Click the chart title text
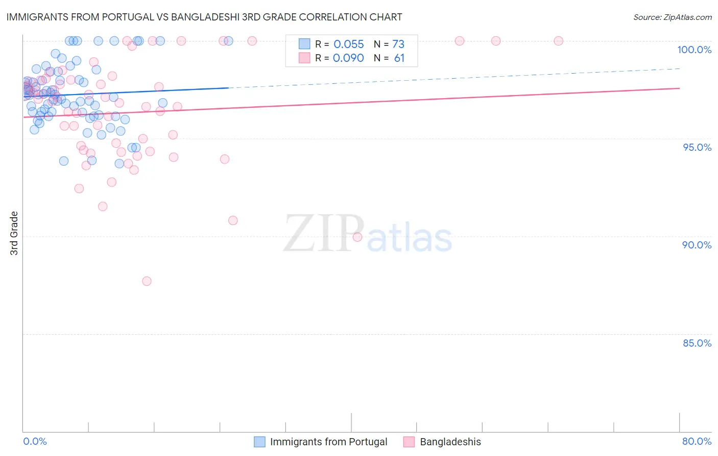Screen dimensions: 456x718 pyautogui.click(x=204, y=17)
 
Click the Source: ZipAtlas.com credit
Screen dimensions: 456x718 pyautogui.click(x=672, y=17)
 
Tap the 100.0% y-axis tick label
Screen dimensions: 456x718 pyautogui.click(x=694, y=50)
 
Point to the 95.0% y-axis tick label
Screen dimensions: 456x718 pyautogui.click(x=697, y=147)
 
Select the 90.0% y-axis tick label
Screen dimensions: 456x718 pyautogui.click(x=697, y=245)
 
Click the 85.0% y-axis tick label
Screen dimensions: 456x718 pyautogui.click(x=697, y=343)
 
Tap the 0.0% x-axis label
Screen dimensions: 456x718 pyautogui.click(x=35, y=441)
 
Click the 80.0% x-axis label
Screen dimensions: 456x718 pyautogui.click(x=697, y=441)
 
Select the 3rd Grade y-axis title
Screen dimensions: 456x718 pyautogui.click(x=14, y=233)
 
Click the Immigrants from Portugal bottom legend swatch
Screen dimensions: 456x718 pyautogui.click(x=259, y=442)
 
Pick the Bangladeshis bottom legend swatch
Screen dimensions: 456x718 pyautogui.click(x=409, y=442)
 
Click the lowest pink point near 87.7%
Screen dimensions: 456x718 pyautogui.click(x=147, y=281)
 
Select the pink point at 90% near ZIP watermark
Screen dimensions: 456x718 pyautogui.click(x=357, y=237)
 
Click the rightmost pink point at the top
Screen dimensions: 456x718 pyautogui.click(x=558, y=41)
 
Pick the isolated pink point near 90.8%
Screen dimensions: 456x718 pyautogui.click(x=233, y=220)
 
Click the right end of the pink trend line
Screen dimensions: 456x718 pyautogui.click(x=679, y=88)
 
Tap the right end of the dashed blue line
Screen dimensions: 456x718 pyautogui.click(x=679, y=69)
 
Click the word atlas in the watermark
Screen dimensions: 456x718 pyautogui.click(x=409, y=238)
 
